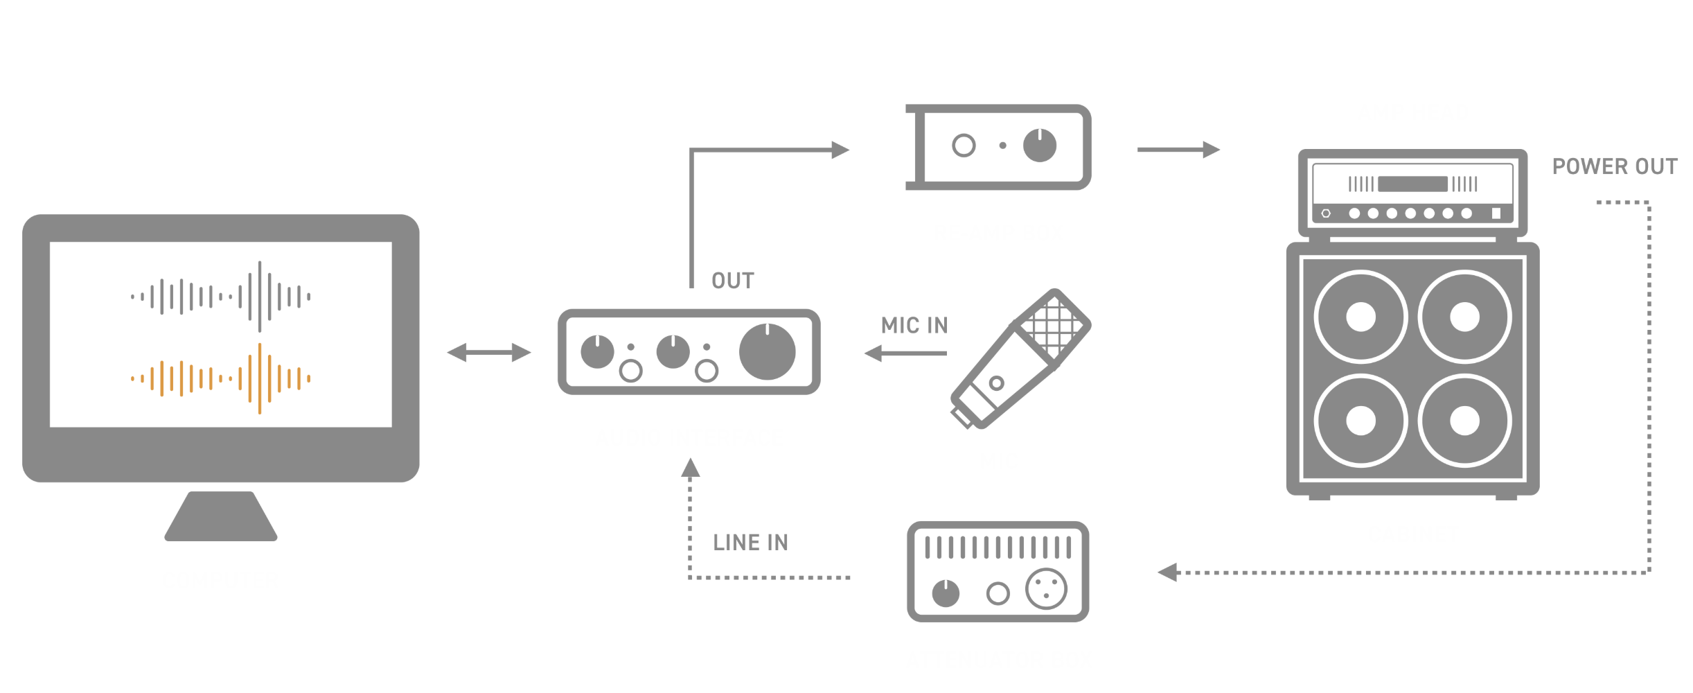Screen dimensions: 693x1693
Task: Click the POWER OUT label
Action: point(1614,167)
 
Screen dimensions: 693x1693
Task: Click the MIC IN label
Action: point(914,326)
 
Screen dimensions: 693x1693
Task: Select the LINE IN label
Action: point(750,543)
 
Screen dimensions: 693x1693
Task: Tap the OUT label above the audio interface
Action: point(732,281)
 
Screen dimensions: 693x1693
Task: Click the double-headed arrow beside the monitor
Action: point(489,353)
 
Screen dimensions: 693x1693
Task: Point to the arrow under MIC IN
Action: point(905,353)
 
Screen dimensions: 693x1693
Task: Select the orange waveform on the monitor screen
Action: point(221,379)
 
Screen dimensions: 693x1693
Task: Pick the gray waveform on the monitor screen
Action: point(221,297)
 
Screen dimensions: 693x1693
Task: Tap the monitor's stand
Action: point(221,516)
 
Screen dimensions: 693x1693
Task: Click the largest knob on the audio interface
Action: point(767,352)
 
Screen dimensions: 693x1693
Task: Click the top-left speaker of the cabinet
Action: point(1360,317)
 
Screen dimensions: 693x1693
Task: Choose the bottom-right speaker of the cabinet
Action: point(1464,421)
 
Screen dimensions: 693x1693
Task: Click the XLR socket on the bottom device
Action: point(1046,588)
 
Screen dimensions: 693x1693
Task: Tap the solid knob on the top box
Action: point(1039,146)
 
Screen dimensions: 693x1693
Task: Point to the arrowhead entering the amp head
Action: point(1211,149)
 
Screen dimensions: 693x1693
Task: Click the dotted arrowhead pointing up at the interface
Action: point(690,468)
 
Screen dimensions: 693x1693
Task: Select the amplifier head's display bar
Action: point(1412,184)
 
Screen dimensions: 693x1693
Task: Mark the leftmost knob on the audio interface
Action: point(597,352)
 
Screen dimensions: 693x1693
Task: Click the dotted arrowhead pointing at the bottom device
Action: point(1168,572)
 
